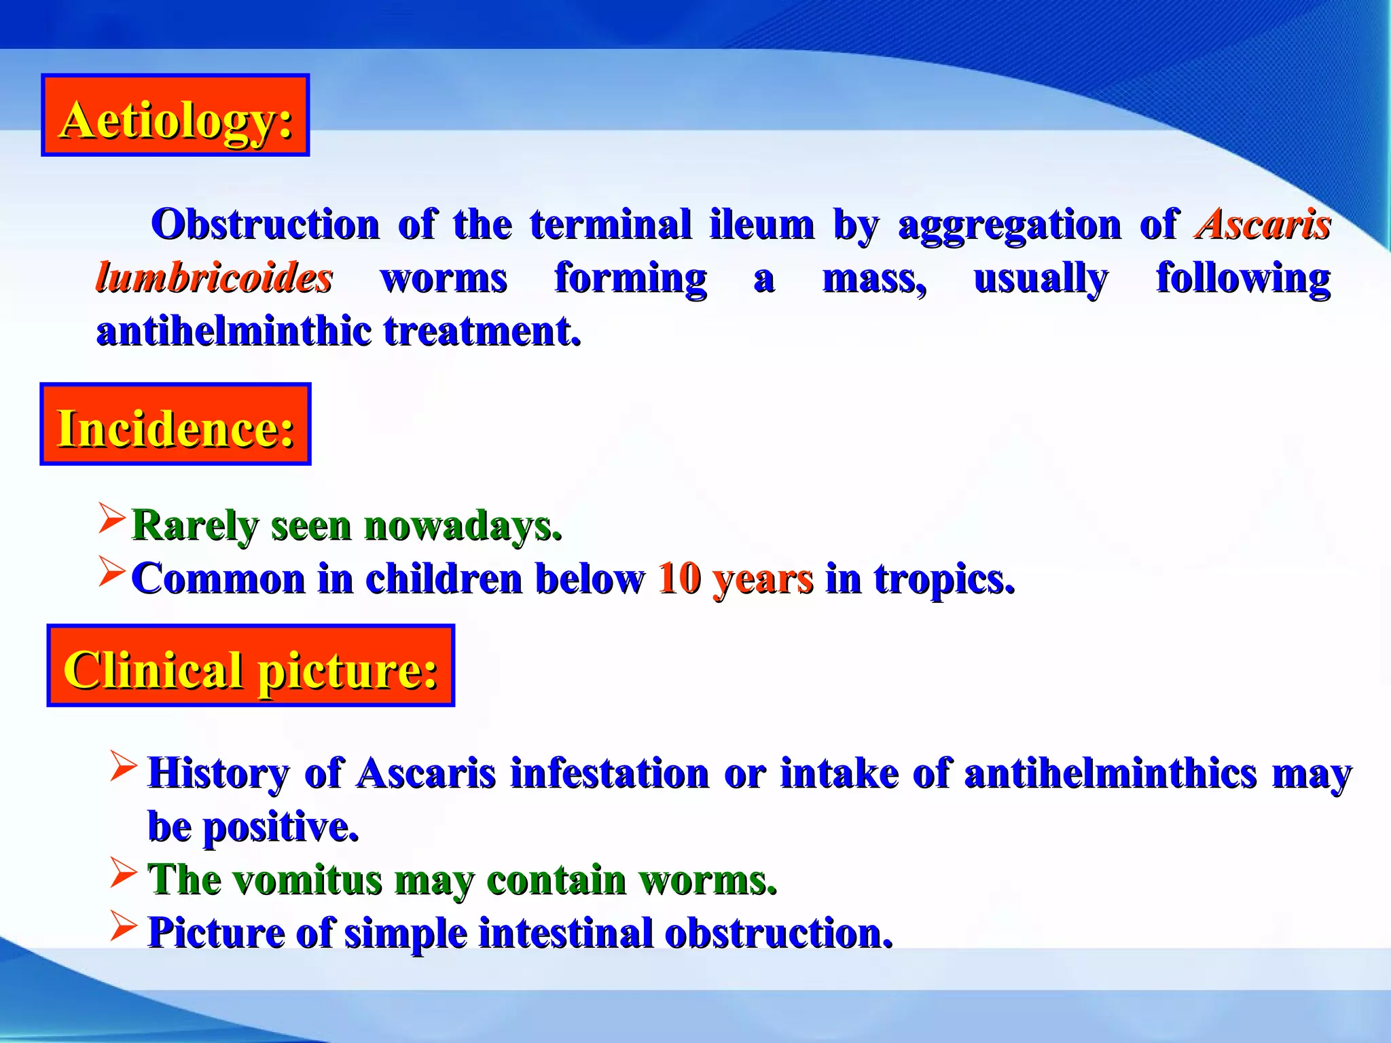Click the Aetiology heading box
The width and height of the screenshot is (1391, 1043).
[x=175, y=115]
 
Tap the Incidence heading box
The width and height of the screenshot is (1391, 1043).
[x=175, y=424]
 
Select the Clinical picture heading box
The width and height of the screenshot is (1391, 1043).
[x=251, y=665]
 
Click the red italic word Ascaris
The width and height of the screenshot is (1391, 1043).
[x=1263, y=224]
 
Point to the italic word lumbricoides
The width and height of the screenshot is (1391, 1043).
[x=214, y=278]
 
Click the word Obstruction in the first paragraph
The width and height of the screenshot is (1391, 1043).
[x=265, y=224]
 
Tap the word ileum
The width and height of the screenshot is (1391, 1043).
[x=761, y=224]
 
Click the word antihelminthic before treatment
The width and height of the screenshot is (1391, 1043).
[x=234, y=331]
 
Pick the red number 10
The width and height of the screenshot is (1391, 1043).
[x=679, y=579]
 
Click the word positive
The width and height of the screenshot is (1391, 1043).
[x=281, y=827]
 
